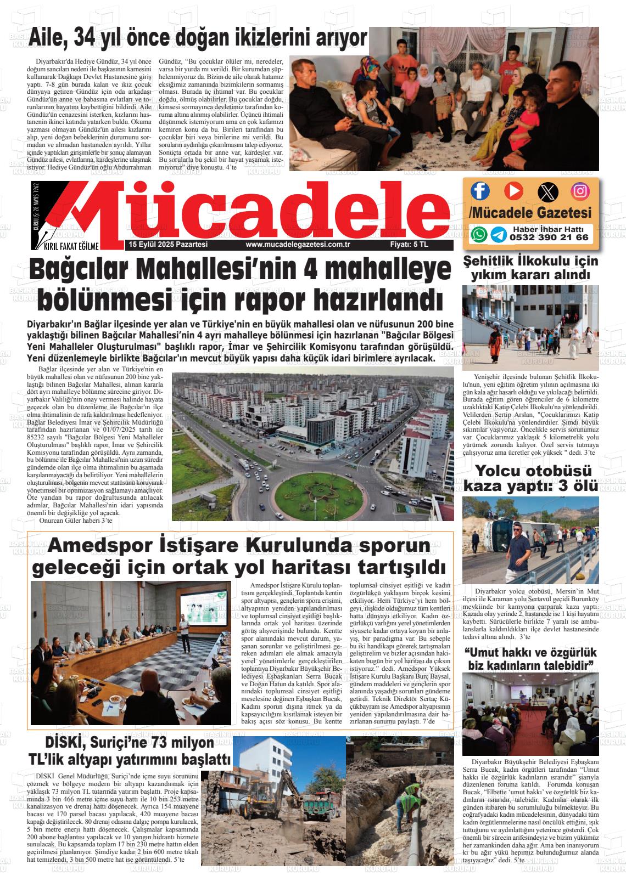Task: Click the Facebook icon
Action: tap(480, 191)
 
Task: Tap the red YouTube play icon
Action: tap(513, 190)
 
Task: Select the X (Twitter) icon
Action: tap(547, 191)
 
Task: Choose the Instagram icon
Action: tap(580, 191)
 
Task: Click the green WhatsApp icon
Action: tap(479, 234)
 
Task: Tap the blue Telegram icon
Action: tap(499, 235)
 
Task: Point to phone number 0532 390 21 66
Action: tap(549, 238)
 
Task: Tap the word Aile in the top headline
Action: tap(48, 38)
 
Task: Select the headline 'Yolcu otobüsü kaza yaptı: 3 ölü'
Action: tap(530, 478)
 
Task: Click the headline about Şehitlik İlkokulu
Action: tap(530, 267)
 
